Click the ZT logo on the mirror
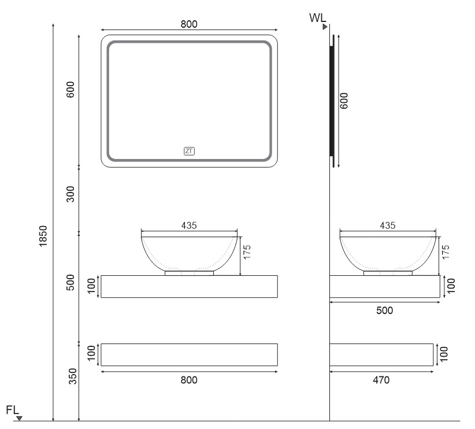[189, 151]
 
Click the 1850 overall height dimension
[43, 236]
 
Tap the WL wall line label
[317, 18]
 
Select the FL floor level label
[12, 410]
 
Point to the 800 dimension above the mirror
[189, 24]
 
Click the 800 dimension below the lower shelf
[189, 380]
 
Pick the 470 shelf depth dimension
[381, 380]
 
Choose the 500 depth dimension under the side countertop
[384, 310]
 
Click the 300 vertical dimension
[70, 194]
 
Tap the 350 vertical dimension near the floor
[73, 376]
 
